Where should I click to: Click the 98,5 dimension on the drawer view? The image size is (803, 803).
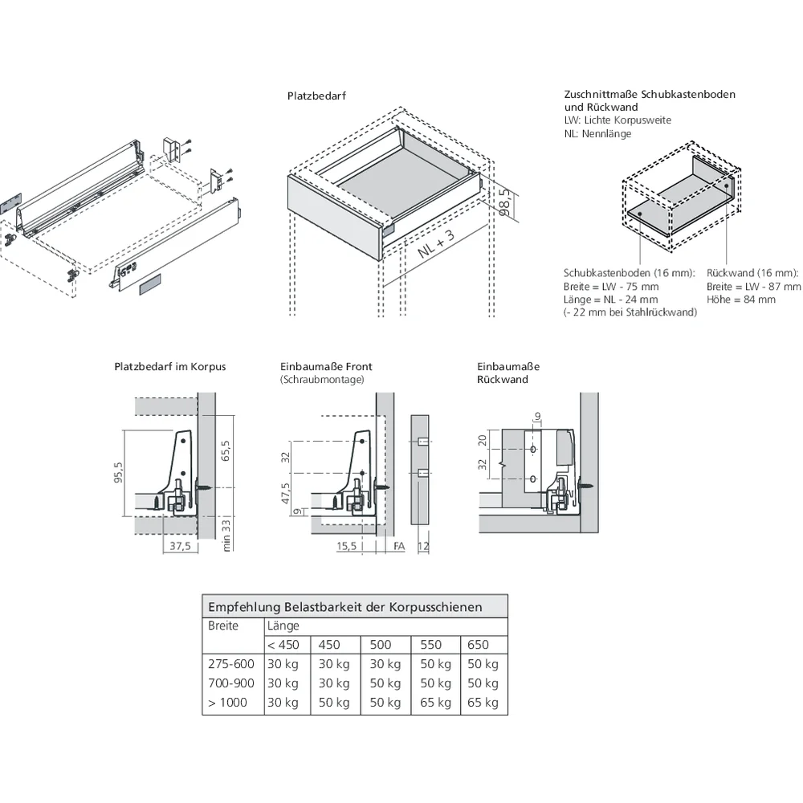[503, 202]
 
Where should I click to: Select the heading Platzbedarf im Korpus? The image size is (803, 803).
[170, 366]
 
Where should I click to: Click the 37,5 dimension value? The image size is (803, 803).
[181, 546]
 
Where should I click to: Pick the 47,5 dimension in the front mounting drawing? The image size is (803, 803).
[285, 491]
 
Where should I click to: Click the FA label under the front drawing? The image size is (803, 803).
[398, 546]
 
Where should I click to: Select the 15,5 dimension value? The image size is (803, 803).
[346, 546]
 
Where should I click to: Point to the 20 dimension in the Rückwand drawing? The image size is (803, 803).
[482, 439]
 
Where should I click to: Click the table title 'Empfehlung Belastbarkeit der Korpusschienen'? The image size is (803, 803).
[345, 606]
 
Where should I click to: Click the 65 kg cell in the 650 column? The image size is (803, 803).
[483, 703]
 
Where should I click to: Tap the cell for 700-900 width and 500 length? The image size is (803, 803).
[385, 683]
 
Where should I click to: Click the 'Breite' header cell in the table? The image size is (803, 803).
[223, 626]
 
